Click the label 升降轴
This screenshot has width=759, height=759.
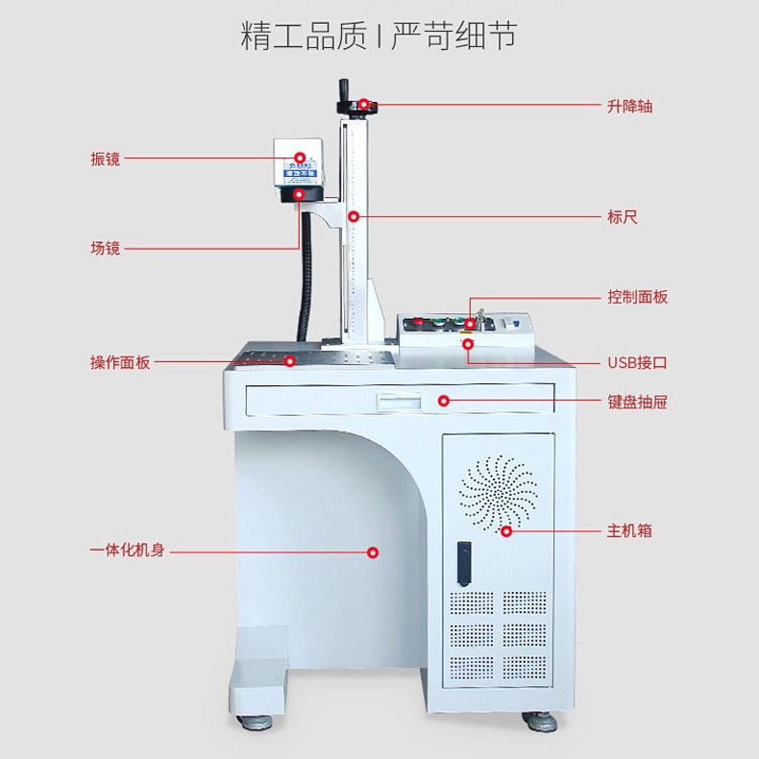click(x=629, y=106)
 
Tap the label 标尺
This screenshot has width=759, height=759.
click(x=622, y=217)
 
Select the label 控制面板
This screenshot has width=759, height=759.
click(x=637, y=297)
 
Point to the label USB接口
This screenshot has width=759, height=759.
click(x=636, y=363)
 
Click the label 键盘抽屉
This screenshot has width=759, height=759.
click(x=637, y=402)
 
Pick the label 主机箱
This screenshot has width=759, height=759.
click(x=629, y=530)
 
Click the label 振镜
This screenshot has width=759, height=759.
click(x=105, y=159)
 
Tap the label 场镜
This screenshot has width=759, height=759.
click(x=105, y=248)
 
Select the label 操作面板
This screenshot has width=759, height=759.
click(x=120, y=363)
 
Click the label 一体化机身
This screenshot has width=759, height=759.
click(x=127, y=551)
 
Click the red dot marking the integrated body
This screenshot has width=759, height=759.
click(x=374, y=551)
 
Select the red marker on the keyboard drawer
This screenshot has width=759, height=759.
click(x=444, y=400)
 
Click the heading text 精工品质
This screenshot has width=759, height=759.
click(x=303, y=36)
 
